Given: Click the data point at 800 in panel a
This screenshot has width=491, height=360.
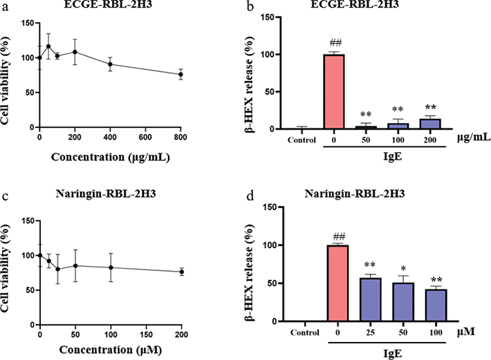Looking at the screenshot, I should click(x=181, y=74).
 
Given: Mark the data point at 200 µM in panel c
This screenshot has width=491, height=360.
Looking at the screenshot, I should click(x=181, y=272).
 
